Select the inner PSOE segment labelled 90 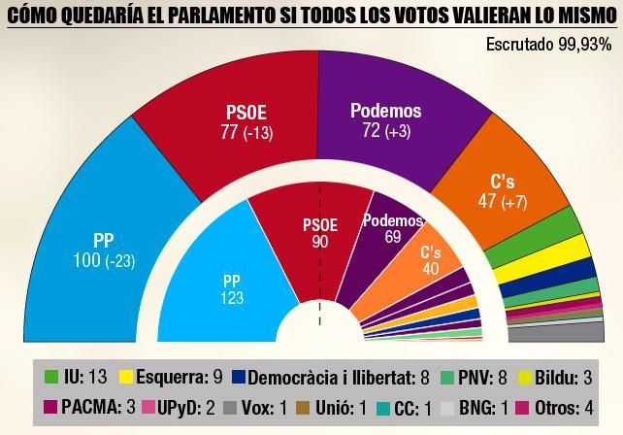320,233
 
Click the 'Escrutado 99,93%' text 548,44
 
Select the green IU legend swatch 52,376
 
